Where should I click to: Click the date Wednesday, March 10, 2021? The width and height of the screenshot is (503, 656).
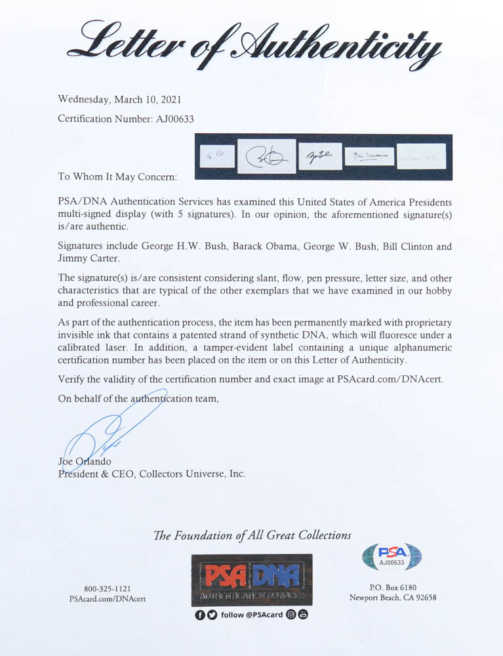tap(119, 100)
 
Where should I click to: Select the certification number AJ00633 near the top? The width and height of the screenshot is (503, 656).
tap(169, 119)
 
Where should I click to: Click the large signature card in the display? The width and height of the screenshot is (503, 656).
tap(266, 156)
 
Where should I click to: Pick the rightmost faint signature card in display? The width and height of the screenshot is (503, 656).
tap(421, 156)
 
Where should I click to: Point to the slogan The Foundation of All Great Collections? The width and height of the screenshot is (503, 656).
tap(252, 535)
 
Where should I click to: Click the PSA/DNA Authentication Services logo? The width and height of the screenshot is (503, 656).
tap(252, 580)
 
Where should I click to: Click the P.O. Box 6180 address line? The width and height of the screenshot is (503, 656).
tap(392, 587)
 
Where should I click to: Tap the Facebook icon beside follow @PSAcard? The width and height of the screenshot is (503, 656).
tap(200, 615)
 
